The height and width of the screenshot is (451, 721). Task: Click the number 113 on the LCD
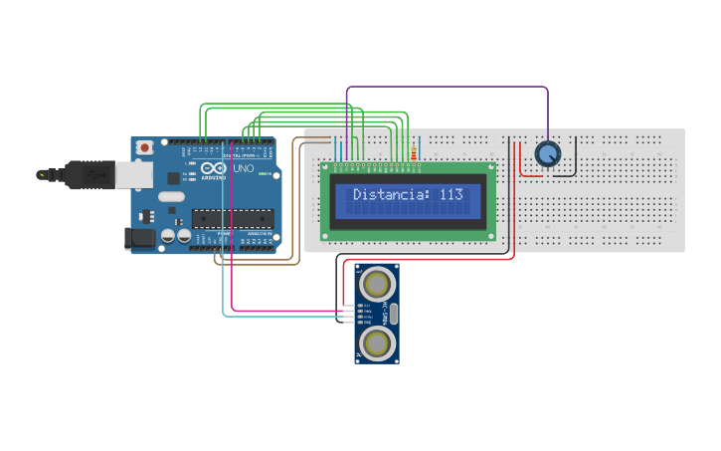(x=451, y=195)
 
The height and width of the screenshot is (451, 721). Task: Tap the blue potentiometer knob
(x=547, y=153)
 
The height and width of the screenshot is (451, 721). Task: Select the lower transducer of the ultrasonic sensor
(x=377, y=344)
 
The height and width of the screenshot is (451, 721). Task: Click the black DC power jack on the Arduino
(x=138, y=238)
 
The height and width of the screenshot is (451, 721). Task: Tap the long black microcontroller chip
(x=231, y=217)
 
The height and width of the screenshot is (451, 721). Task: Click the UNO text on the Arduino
(x=244, y=170)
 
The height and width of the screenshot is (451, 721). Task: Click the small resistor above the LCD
(x=413, y=152)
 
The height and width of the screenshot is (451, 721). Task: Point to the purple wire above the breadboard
(x=448, y=87)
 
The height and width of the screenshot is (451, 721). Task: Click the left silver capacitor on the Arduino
(x=168, y=236)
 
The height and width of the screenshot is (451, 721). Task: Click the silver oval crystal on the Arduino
(x=170, y=196)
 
